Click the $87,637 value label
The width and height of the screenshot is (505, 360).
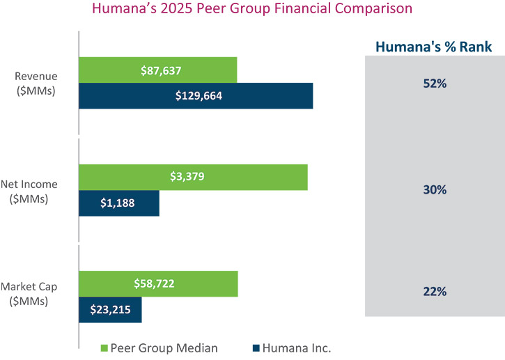(158, 70)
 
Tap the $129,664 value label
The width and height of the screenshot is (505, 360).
(199, 96)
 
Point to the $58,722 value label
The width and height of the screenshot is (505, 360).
(159, 284)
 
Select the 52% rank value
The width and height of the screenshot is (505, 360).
(435, 83)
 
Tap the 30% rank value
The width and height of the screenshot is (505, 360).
(435, 189)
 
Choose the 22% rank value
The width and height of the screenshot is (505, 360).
(435, 291)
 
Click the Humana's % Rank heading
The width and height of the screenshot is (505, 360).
(434, 47)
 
